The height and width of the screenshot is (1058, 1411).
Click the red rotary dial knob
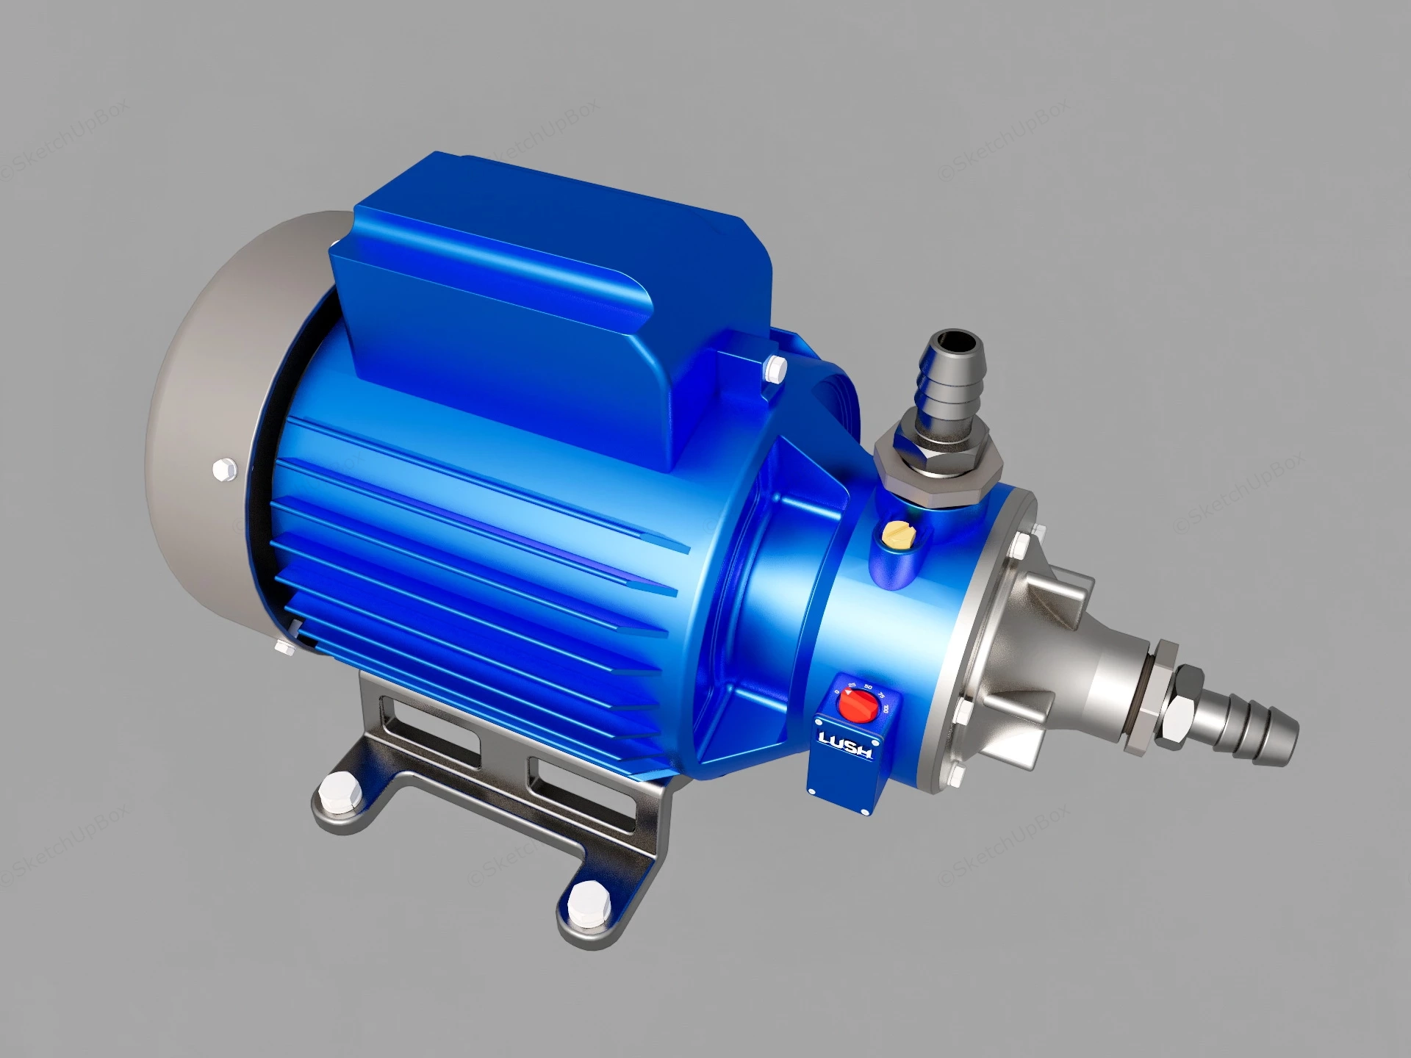pyautogui.click(x=859, y=708)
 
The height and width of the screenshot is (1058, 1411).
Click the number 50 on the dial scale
pyautogui.click(x=868, y=687)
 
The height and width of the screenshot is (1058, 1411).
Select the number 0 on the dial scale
pyautogui.click(x=836, y=691)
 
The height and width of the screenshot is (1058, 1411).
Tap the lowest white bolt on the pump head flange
pyautogui.click(x=956, y=777)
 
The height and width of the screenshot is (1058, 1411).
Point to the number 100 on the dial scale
pyautogui.click(x=888, y=710)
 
